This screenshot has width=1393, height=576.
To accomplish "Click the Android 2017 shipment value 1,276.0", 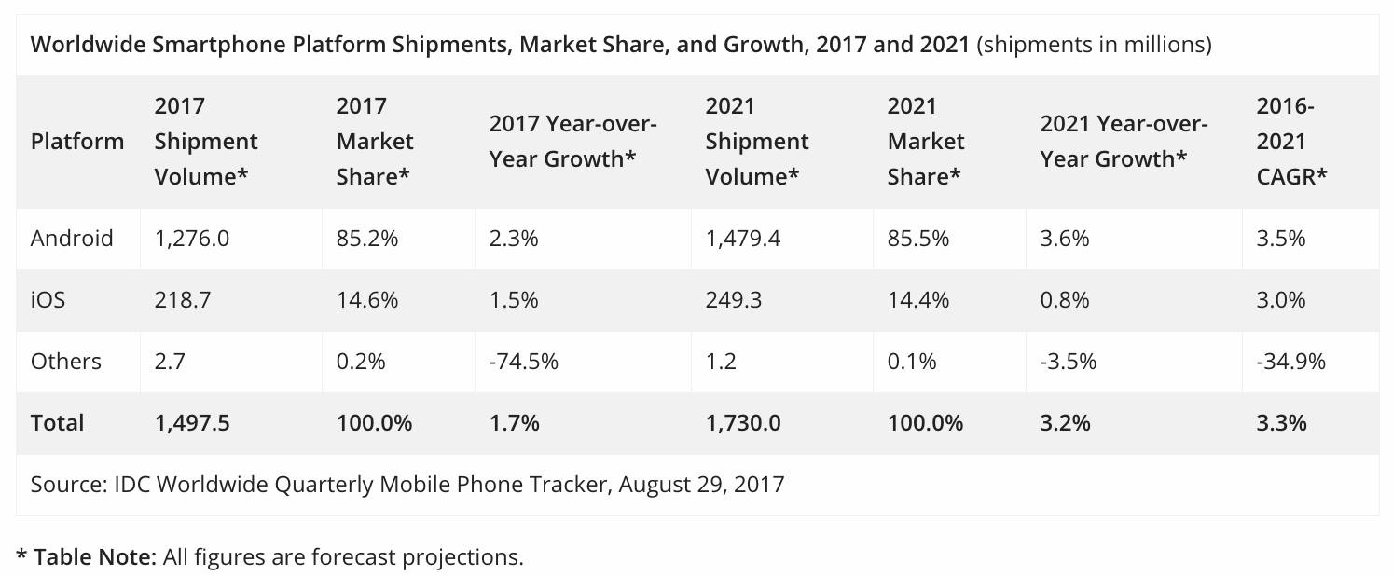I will pyautogui.click(x=191, y=239).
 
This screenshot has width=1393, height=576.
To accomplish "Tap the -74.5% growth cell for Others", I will pyautogui.click(x=523, y=361).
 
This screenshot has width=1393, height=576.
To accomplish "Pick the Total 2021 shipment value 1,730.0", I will pyautogui.click(x=743, y=422).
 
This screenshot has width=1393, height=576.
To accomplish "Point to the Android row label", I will pyautogui.click(x=72, y=239).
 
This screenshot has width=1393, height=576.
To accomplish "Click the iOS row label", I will pyautogui.click(x=48, y=300).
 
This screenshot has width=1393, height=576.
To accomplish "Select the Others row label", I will pyautogui.click(x=65, y=361).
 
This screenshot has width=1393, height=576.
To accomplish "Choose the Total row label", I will pyautogui.click(x=58, y=422).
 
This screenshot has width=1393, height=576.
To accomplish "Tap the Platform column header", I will pyautogui.click(x=77, y=142).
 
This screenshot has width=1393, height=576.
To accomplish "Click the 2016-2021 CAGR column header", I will pyautogui.click(x=1291, y=142).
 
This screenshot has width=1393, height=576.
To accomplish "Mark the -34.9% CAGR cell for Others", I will pyautogui.click(x=1291, y=361).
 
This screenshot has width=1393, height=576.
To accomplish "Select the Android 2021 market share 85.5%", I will pyautogui.click(x=918, y=239).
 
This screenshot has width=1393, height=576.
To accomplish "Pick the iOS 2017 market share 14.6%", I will pyautogui.click(x=367, y=300).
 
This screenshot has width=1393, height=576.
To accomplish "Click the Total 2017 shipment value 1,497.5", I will pyautogui.click(x=192, y=422).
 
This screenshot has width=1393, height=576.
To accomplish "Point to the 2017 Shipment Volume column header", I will pyautogui.click(x=206, y=142).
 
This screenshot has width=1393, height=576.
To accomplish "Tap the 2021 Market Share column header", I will pyautogui.click(x=926, y=142).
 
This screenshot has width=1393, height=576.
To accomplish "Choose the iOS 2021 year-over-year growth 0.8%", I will pyautogui.click(x=1065, y=300).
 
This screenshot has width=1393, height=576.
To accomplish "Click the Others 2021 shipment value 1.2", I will pyautogui.click(x=721, y=361).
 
